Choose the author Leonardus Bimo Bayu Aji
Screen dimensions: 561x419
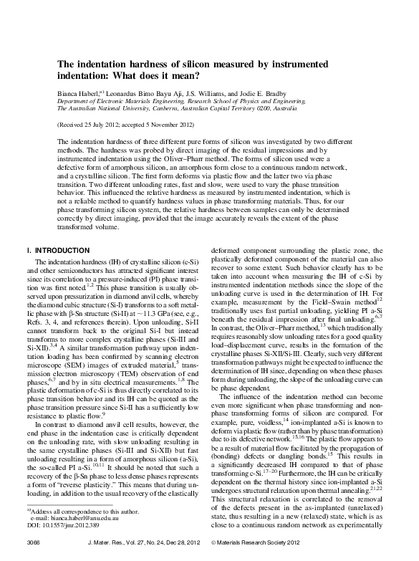click(153, 93)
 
